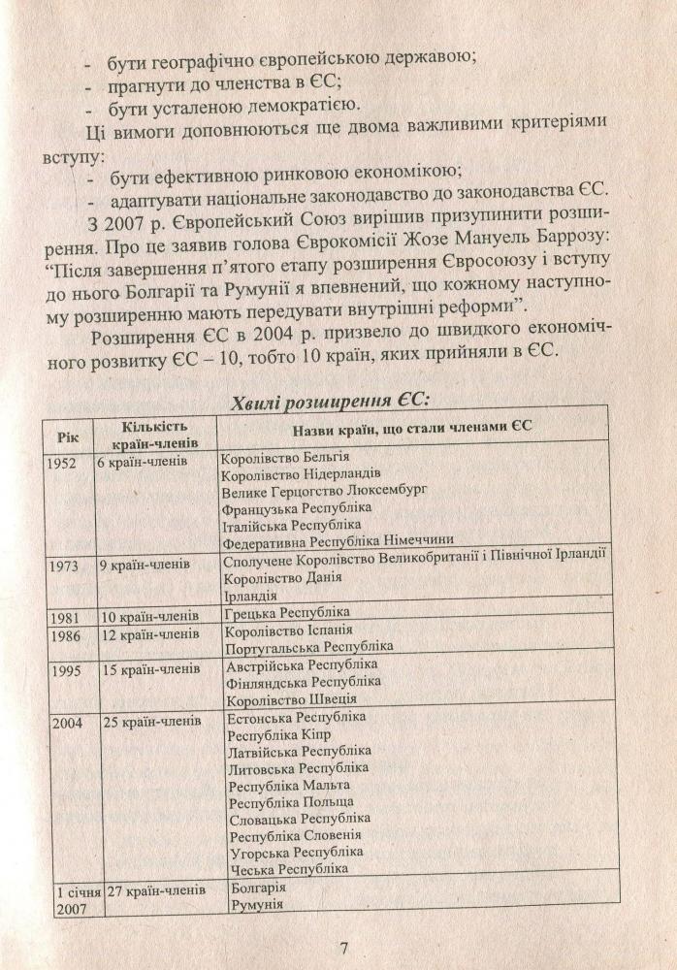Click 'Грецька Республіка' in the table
pyautogui.click(x=286, y=614)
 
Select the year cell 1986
pyautogui.click(x=62, y=632)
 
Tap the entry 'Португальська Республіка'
pyautogui.click(x=308, y=646)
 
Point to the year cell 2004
pyautogui.click(x=63, y=722)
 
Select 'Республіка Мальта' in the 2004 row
pyautogui.click(x=288, y=785)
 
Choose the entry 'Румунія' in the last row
pyautogui.click(x=254, y=904)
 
